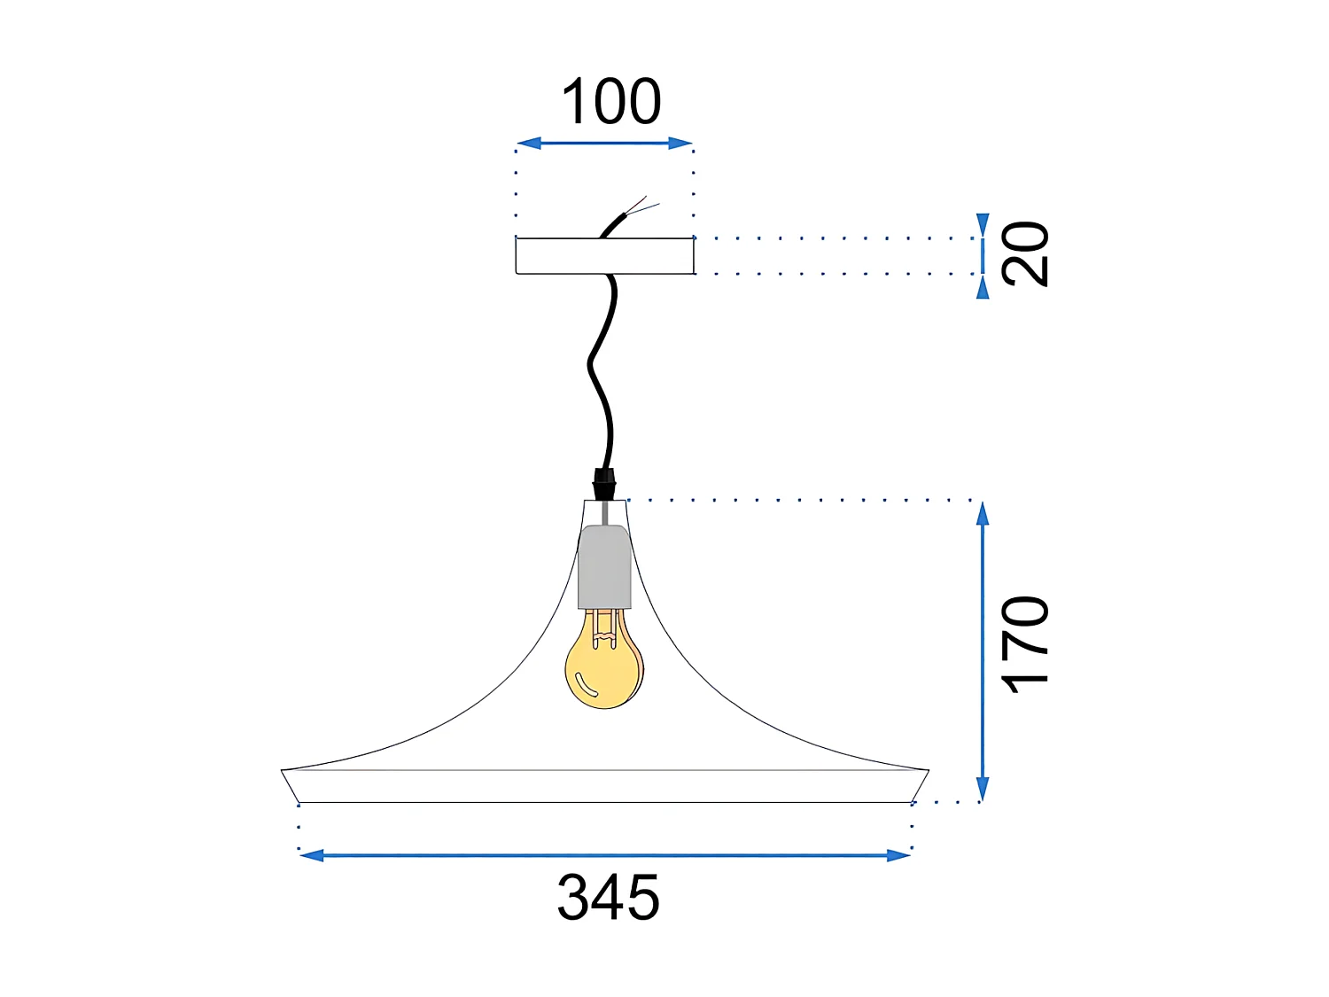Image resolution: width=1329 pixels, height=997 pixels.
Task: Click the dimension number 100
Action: pos(611,102)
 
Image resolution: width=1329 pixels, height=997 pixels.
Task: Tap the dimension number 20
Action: pos(1025,254)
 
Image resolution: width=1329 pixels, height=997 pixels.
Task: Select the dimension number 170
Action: pos(1025,643)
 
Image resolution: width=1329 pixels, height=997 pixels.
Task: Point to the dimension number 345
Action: pos(609,898)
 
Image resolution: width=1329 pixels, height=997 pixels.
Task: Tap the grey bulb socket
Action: pos(604,567)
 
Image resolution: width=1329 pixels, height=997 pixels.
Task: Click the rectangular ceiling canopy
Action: pos(604,256)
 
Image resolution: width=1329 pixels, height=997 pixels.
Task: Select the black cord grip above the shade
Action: pos(603,485)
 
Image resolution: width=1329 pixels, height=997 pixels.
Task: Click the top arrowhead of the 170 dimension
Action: pos(982,513)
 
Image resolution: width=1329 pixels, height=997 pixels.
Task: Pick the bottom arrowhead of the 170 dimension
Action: pos(982,790)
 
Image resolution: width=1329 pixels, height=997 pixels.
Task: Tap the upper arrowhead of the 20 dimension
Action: pos(982,224)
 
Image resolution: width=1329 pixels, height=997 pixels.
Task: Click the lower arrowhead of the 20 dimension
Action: pos(982,287)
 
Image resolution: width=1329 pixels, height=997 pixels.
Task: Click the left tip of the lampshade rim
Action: pos(283,771)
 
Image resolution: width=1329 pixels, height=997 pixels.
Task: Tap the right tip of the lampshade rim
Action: pos(928,771)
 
